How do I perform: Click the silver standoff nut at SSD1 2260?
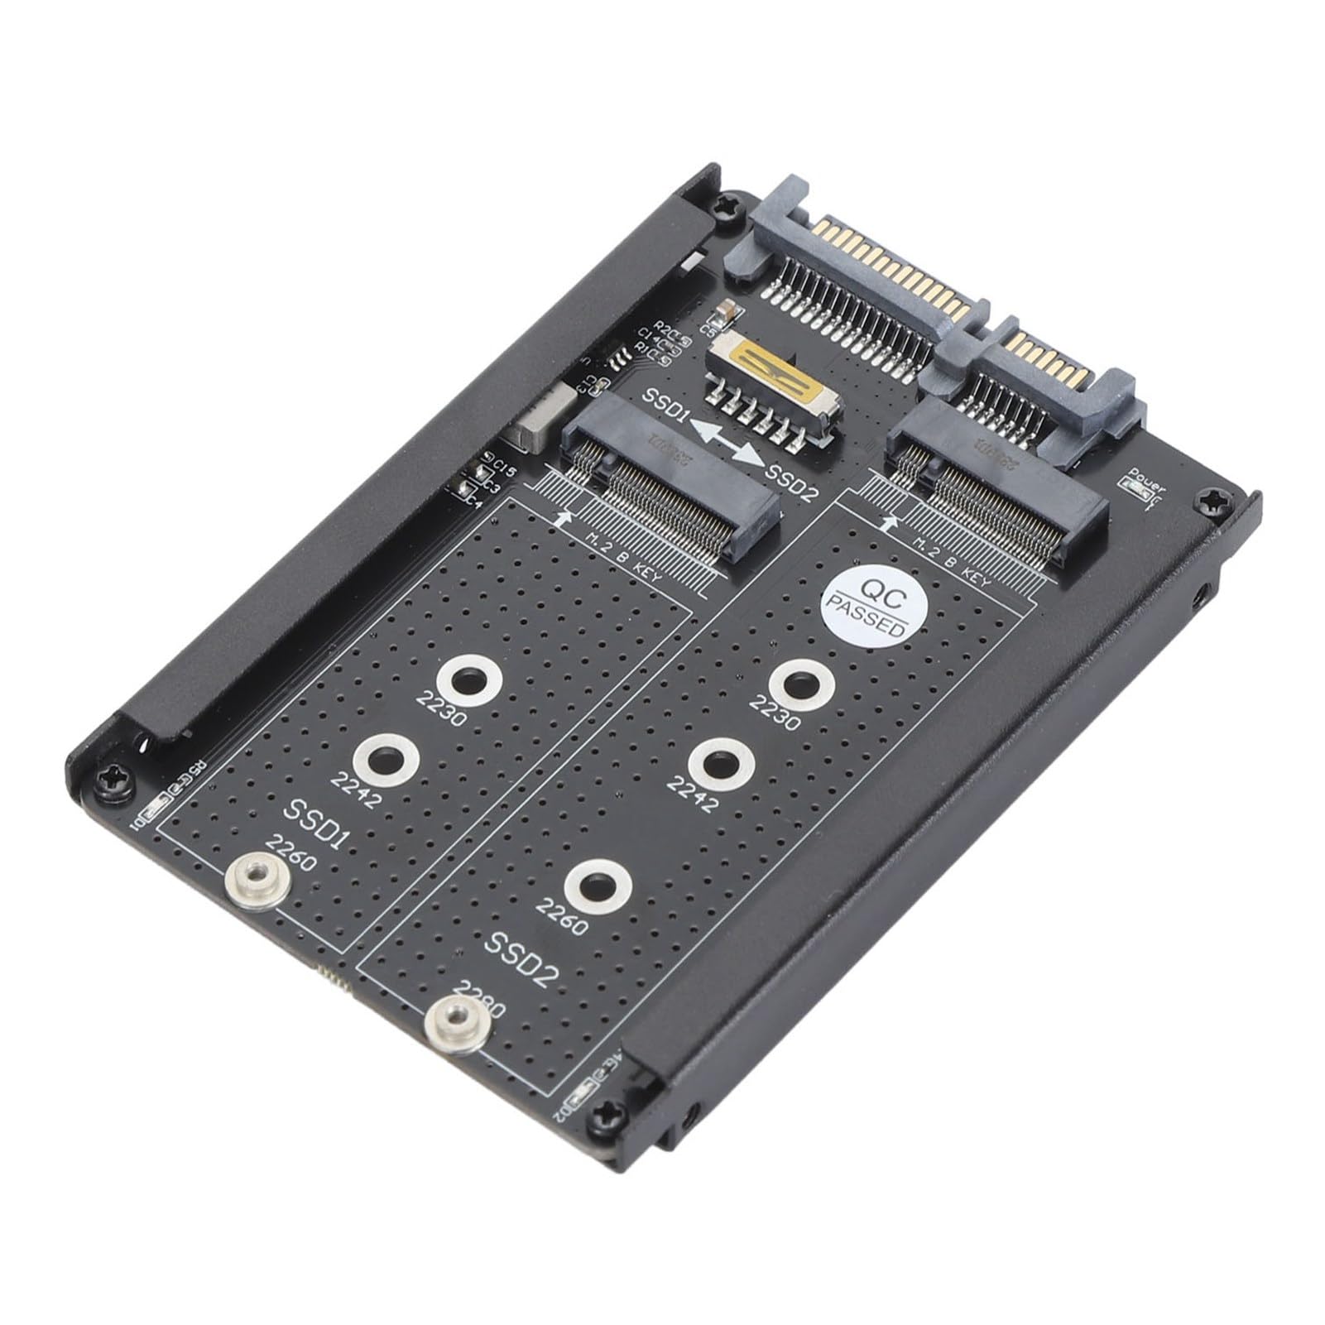(x=257, y=877)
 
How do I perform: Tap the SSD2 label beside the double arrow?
(x=791, y=482)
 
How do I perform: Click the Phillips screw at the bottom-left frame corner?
(x=112, y=781)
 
